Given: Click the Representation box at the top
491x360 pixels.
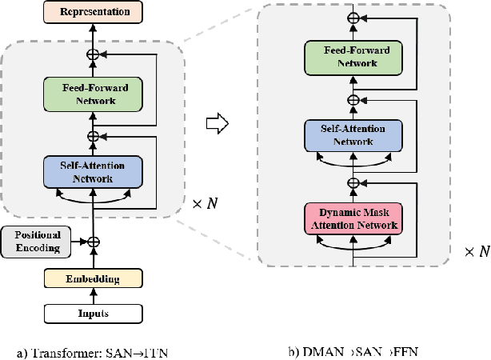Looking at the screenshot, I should [x=92, y=12].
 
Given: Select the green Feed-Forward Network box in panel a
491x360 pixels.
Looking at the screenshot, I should [x=92, y=94].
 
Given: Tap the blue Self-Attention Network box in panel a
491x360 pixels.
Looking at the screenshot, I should [x=92, y=172].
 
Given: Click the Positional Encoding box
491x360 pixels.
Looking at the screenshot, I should [x=36, y=241].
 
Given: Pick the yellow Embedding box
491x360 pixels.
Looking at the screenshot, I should [x=92, y=278].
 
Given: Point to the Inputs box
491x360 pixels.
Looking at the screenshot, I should [x=92, y=313].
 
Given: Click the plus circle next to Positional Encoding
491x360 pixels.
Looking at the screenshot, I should [x=93, y=241].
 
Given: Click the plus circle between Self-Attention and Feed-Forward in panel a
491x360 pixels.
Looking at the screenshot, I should [x=93, y=136].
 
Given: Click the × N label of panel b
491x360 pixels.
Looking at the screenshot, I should [x=476, y=252].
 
